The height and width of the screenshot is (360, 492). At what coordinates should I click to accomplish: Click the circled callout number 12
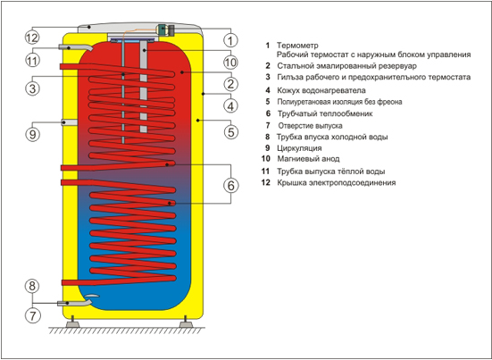click(31, 38)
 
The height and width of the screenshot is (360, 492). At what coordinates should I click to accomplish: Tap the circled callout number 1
click(230, 40)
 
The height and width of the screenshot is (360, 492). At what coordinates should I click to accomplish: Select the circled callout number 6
click(230, 186)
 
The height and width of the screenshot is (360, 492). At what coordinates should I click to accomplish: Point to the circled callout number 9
click(33, 134)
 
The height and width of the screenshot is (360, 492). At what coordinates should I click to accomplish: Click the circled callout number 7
click(33, 315)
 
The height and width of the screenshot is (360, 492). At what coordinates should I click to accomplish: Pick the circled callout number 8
click(33, 286)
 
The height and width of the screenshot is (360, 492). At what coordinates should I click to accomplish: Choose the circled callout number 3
click(33, 88)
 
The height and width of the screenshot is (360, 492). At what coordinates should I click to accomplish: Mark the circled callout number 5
click(230, 132)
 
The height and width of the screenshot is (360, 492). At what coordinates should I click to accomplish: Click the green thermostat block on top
click(163, 29)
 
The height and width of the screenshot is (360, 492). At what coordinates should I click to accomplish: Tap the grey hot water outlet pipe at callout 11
click(75, 47)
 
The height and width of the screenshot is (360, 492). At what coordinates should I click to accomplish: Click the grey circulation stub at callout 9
click(70, 122)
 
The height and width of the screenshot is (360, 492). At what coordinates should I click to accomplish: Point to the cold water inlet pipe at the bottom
click(75, 303)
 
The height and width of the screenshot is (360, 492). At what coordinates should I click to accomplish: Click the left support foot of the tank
click(72, 322)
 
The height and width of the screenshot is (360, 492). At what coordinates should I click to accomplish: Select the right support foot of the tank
click(186, 322)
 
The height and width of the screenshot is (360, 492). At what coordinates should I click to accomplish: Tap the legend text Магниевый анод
click(308, 159)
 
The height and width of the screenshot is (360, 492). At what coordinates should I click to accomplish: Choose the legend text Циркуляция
click(299, 147)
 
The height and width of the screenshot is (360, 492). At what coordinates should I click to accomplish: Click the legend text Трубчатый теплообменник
click(325, 113)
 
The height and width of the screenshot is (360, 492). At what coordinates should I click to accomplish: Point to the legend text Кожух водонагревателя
click(321, 90)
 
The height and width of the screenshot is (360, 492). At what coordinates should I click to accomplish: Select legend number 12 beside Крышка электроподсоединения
click(266, 182)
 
